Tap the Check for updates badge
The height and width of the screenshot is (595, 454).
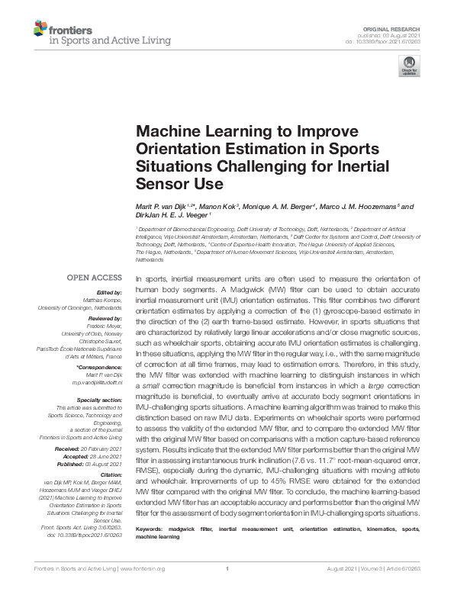click(409, 66)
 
